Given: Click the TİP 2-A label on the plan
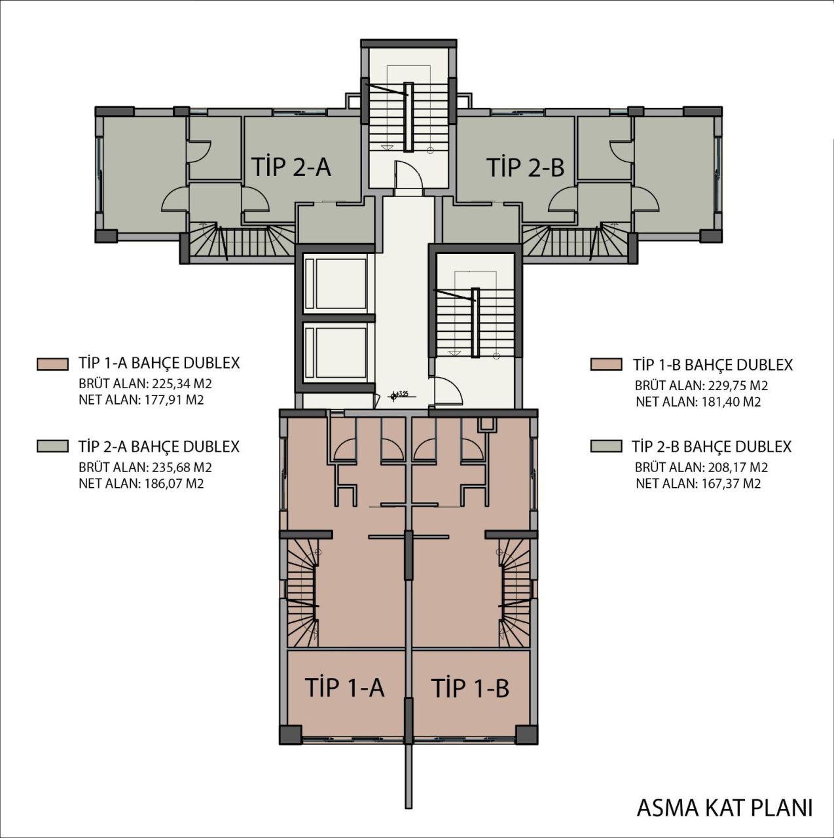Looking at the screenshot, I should (x=291, y=167).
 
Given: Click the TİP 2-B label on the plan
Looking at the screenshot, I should (x=525, y=167).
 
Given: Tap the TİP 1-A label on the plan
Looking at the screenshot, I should (x=344, y=687).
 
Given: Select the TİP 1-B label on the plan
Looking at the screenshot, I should (x=470, y=688).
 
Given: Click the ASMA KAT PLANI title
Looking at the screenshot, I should (x=725, y=807).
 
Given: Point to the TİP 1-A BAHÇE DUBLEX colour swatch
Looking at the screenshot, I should (x=52, y=364).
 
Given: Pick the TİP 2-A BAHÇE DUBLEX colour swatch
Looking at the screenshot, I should (x=52, y=446).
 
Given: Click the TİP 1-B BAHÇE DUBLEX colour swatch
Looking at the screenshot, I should (x=606, y=365).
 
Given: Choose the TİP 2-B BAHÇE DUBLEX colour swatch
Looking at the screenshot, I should (x=606, y=446).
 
